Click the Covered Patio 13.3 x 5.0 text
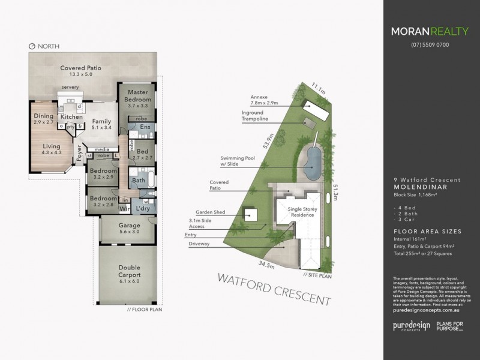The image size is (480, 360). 80,71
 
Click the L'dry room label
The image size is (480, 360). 143,208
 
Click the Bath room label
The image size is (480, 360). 139,180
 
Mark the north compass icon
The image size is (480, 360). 31,46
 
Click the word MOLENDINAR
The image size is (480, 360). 419,186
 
